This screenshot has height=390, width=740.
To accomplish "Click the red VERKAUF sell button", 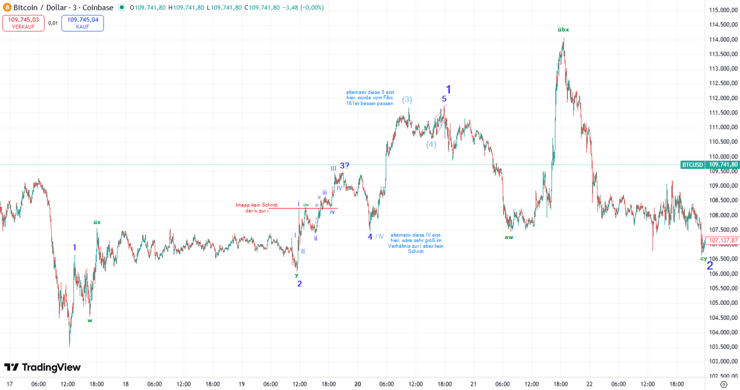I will click(23, 23).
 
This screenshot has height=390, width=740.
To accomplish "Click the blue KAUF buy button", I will click(82, 23).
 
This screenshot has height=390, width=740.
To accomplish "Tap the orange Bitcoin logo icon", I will click(7, 7).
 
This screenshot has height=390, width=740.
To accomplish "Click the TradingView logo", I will click(42, 367).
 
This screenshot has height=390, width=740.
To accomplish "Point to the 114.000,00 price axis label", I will click(723, 39).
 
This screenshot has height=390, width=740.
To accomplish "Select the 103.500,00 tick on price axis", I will click(723, 347).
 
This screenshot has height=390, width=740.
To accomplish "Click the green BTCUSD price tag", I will click(692, 165).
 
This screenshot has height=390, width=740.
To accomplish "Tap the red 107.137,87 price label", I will click(723, 240).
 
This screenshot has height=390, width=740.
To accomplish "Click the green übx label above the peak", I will click(563, 30).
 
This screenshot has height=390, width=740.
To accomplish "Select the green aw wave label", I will click(509, 237).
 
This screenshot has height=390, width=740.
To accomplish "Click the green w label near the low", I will click(90, 320).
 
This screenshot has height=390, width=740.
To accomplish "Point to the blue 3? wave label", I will click(344, 166).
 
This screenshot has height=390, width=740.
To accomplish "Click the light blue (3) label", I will click(407, 99).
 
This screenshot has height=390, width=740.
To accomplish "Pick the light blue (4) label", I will click(431, 145).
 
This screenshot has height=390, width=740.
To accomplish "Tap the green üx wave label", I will click(97, 222).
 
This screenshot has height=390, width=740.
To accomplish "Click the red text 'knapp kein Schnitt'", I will click(256, 205).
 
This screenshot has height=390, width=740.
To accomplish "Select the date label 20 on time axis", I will click(358, 384).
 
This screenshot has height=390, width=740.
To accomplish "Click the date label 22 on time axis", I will click(589, 384).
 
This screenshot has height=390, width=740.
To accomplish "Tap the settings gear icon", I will click(723, 384).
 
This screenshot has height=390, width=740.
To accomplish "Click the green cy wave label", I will click(704, 258).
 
